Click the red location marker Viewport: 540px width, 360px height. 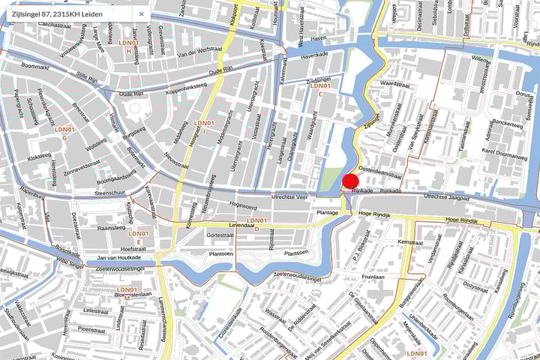349,180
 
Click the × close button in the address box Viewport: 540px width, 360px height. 141,13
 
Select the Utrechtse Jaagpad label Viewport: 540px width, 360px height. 447,196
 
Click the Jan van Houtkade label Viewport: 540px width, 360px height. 119,258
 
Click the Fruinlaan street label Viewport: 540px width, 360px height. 373,276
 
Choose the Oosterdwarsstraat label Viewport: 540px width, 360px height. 381,173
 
